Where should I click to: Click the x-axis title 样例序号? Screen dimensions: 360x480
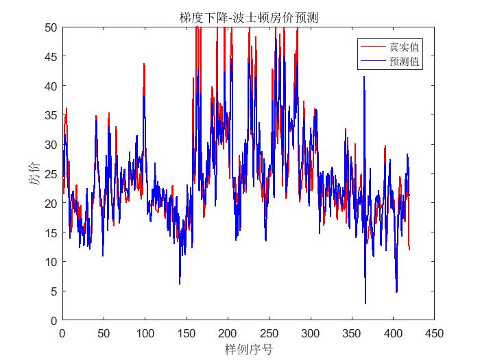(248, 350)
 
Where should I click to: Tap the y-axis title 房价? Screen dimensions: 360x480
(34, 173)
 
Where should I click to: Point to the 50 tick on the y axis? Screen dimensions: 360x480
(50, 27)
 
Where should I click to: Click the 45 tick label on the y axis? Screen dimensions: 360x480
(50, 57)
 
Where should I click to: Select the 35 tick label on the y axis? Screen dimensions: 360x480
(50, 115)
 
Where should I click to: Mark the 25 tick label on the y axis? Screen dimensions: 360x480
(50, 174)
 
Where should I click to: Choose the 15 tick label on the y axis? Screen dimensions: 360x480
(50, 232)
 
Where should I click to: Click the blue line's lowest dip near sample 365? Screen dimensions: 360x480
(365, 302)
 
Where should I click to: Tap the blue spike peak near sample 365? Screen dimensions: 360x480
(364, 77)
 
